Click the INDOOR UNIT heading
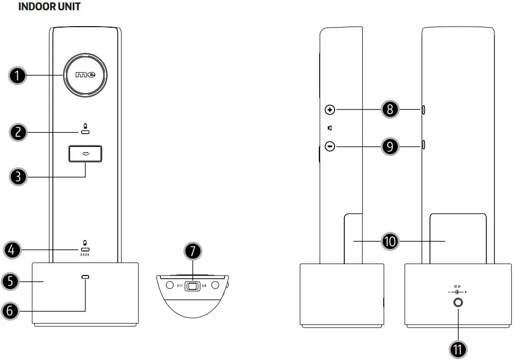49,7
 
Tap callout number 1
18,76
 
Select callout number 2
18,132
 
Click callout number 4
12,250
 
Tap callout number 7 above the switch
193,252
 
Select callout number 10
391,241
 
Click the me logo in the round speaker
86,76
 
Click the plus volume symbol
330,110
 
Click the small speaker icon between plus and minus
330,128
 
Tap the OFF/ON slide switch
193,286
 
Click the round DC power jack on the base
458,303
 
